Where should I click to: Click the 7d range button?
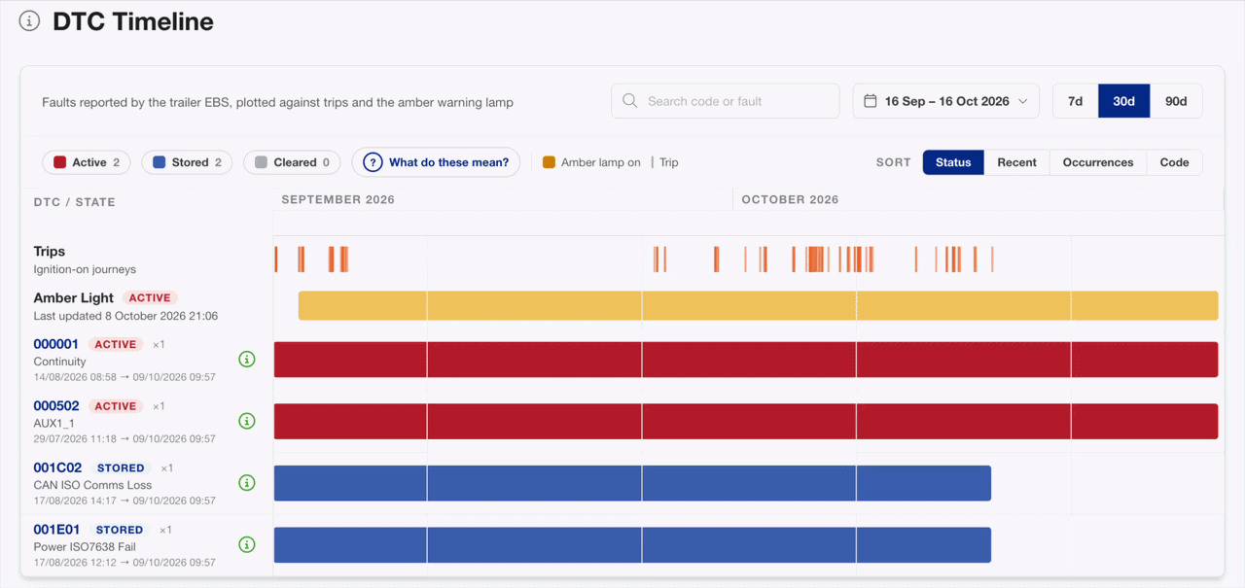[1076, 101]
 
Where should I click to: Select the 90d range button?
[1176, 101]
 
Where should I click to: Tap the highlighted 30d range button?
[1123, 101]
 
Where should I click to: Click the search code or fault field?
[726, 101]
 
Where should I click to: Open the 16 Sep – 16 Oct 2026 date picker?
[946, 101]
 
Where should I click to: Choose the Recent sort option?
[1016, 162]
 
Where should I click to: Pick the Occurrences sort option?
[1098, 162]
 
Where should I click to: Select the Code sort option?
[1174, 162]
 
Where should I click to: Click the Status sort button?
[953, 162]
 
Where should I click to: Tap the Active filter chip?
[87, 162]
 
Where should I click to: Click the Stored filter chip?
[187, 162]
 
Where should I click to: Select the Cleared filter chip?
[292, 162]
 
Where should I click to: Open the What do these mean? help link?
[436, 162]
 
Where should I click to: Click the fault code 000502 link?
[56, 406]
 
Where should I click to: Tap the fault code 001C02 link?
[57, 467]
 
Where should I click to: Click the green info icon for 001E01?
[247, 544]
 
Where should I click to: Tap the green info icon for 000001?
[247, 360]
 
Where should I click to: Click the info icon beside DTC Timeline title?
[29, 21]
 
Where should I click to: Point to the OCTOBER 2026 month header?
[790, 199]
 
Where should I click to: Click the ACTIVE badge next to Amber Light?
[150, 297]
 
